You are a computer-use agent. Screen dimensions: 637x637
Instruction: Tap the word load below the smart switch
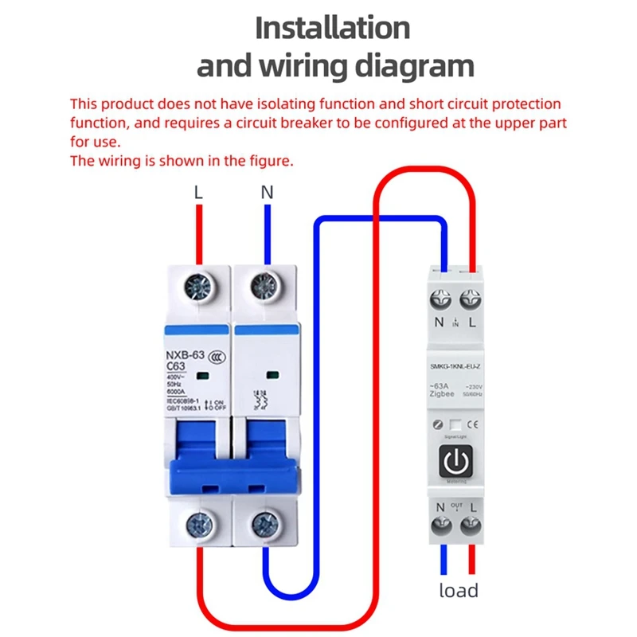point(459,590)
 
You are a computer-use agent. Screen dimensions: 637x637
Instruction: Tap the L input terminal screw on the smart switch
point(471,301)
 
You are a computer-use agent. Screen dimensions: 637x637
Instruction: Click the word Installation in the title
point(332,28)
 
